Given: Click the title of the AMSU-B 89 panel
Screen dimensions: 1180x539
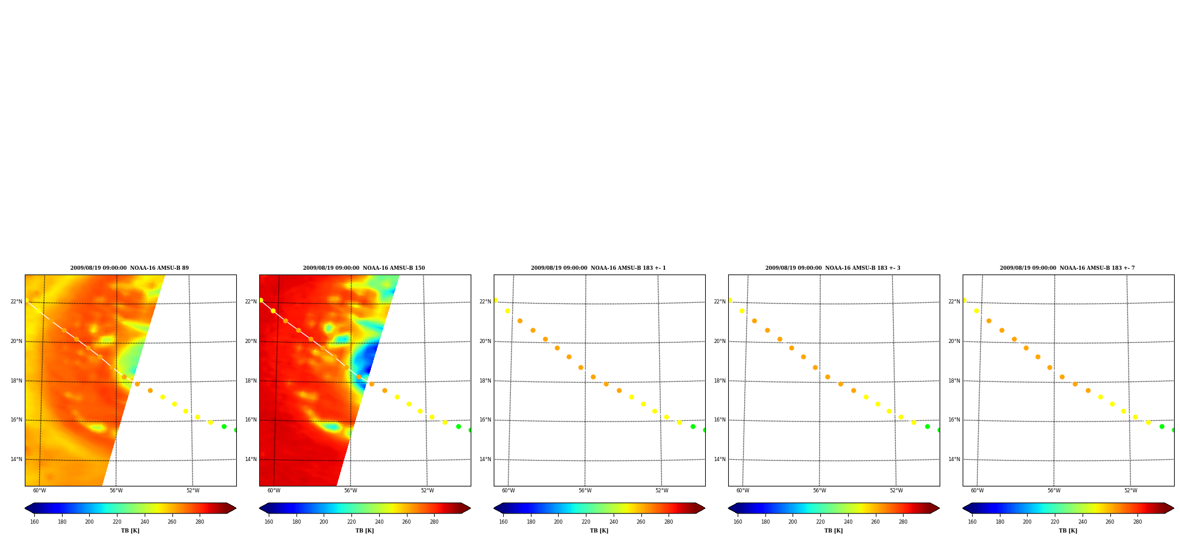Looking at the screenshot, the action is tap(129, 268).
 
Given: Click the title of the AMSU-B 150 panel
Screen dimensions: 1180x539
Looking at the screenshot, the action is tap(364, 268).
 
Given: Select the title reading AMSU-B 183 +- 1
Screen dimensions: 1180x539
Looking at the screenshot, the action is tap(598, 268).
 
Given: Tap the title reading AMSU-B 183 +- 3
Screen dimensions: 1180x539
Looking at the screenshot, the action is tap(833, 268).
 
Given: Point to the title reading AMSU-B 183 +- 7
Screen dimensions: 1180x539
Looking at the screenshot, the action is tap(1067, 268).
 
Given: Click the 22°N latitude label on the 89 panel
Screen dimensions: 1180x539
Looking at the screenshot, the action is tap(16, 302).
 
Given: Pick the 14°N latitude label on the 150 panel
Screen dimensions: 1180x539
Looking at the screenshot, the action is tap(250, 459).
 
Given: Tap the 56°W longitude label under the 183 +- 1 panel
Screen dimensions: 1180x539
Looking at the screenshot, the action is tap(585, 491).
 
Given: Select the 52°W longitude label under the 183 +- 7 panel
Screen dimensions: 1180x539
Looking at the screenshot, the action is tap(1130, 491).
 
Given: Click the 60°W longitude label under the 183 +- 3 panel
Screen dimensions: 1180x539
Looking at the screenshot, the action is tap(742, 491).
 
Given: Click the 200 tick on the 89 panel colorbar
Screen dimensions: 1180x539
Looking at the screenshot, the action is tap(89, 522).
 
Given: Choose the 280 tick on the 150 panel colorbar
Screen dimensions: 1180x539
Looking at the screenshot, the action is tap(434, 522).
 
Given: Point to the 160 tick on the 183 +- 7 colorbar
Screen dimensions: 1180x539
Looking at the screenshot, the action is tap(972, 522).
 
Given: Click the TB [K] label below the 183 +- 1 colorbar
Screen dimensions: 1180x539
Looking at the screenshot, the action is tap(599, 531).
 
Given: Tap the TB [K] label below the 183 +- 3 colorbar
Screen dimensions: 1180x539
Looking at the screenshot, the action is tap(833, 531).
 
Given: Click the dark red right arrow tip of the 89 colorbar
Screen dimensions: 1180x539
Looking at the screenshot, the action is tap(235, 508).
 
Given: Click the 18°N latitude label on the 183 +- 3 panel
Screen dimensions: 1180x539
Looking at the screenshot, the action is tap(719, 381).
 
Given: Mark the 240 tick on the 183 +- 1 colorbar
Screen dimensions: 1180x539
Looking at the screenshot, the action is tap(614, 522).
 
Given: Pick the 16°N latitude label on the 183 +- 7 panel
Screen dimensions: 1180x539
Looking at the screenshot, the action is tap(954, 420).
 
